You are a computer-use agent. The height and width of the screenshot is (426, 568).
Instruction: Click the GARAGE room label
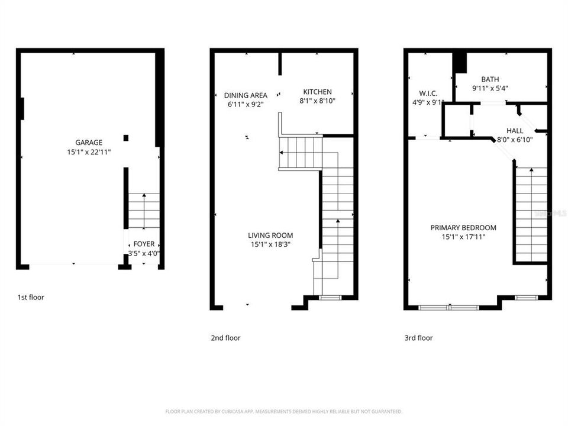pos(89,143)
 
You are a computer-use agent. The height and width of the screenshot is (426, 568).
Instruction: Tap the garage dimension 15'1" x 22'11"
pos(89,152)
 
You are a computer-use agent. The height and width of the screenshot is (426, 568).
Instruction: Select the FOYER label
pos(144,244)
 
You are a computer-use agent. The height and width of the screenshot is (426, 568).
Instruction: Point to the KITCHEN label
pos(318,92)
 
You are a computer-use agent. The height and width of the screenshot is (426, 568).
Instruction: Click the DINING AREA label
pos(246,95)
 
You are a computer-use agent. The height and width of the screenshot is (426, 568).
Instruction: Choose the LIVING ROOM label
pos(270,235)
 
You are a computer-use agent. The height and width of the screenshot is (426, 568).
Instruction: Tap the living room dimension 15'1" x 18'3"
pos(270,244)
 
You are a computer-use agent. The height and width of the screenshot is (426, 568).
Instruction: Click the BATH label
pos(490,79)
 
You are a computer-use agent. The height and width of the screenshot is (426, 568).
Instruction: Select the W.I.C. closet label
pos(428,93)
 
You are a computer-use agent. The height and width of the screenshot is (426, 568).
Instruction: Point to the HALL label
pos(515,131)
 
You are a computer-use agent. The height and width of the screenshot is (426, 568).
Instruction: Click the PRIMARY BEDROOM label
pos(463,228)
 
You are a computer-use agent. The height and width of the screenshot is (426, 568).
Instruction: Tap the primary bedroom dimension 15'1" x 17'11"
pos(463,237)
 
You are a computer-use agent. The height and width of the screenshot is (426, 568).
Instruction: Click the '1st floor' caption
pos(31,298)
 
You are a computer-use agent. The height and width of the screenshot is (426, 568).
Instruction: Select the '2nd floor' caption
pos(226,338)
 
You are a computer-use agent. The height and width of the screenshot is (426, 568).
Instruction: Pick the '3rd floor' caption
pos(418,338)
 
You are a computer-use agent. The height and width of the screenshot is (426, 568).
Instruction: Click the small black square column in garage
pos(126,138)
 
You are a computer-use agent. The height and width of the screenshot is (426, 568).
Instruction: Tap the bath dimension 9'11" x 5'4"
pos(490,88)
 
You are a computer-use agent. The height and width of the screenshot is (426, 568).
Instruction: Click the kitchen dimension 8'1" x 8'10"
pos(318,101)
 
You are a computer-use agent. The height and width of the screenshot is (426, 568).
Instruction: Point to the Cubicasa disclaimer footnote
pos(284,411)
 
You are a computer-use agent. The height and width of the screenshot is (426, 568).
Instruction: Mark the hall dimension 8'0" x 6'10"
pos(515,140)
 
